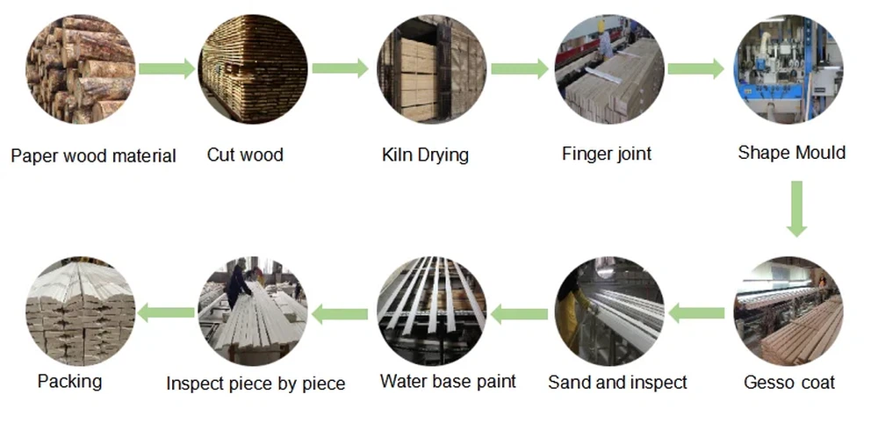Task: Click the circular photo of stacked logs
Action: pos(80,68)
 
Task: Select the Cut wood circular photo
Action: pos(254,68)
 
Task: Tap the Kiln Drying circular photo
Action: pos(431,68)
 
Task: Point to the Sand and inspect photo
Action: pos(609,311)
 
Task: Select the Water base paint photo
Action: pos(431,311)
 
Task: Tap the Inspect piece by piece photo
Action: pos(254,311)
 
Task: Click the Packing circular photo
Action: pos(80,311)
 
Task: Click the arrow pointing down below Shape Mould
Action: pos(795,209)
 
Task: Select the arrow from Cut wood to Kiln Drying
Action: pos(340,68)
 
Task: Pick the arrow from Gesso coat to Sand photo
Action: pos(697,311)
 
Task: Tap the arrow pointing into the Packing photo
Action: pos(166,311)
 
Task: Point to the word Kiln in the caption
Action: pos(396,155)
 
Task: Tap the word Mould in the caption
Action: pos(819,153)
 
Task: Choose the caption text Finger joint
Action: pos(607,154)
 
